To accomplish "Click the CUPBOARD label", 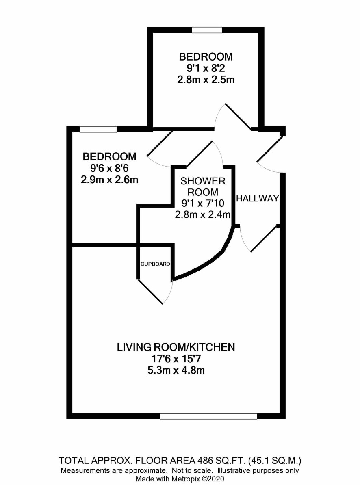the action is pos(155,264).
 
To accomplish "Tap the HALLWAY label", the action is pos(258,198).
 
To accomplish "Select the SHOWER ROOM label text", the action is pos(203,186).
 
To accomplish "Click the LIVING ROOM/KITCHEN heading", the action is pos(176,347).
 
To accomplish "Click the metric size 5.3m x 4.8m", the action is pos(176,370).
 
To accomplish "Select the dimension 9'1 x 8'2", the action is pos(206,68).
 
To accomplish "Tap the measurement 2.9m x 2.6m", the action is pos(109,180).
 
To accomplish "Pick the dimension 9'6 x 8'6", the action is pos(109,168).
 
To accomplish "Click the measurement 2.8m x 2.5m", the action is pos(206,80).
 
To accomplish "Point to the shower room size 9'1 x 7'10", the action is pos(203,203).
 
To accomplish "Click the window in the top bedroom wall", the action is pos(207,30).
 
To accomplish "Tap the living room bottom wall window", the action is pos(208,416).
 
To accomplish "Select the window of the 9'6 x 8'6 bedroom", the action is pos(98,129).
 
